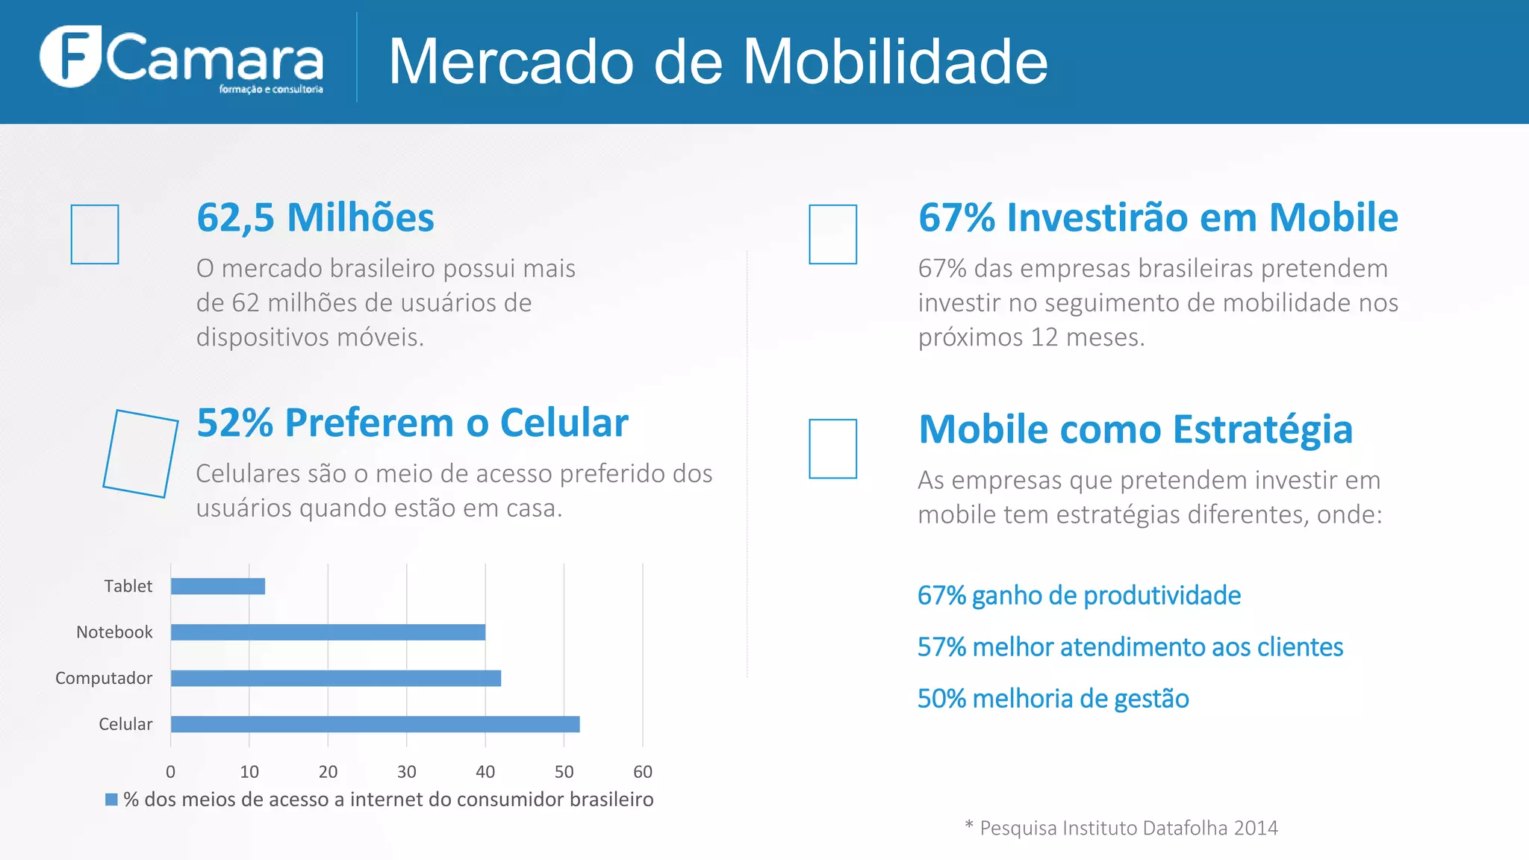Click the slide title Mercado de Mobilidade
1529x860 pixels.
(x=717, y=61)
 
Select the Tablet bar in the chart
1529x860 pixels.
(x=217, y=586)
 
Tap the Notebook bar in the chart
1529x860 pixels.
(x=328, y=632)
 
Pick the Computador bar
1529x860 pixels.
(x=335, y=678)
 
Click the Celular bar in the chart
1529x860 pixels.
(x=375, y=724)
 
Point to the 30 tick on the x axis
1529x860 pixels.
(x=406, y=771)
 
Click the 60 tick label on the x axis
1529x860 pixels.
(x=642, y=771)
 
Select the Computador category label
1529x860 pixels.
(x=104, y=678)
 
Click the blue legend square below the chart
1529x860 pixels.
(x=111, y=800)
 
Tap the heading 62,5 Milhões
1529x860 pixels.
(x=315, y=218)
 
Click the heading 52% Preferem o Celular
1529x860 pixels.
(x=412, y=423)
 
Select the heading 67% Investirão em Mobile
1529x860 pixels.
(x=1158, y=218)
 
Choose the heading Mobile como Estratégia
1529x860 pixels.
(x=1135, y=429)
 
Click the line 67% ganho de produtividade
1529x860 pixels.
(x=1079, y=596)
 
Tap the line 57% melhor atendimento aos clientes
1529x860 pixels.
(x=1130, y=647)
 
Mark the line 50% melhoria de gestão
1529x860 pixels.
(x=1053, y=699)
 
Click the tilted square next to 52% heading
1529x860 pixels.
(x=140, y=453)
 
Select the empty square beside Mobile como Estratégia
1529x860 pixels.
(x=832, y=449)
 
